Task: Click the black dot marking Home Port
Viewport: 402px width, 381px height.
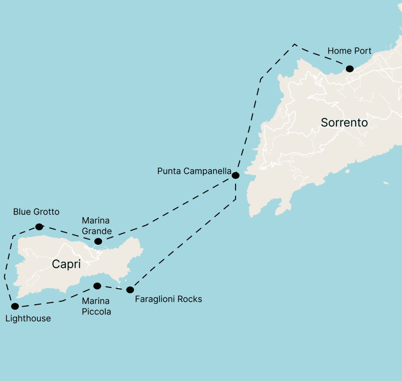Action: point(349,69)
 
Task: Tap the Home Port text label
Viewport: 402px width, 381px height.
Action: point(349,51)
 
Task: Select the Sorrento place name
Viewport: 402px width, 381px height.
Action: point(344,123)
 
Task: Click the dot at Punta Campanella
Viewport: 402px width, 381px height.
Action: point(235,175)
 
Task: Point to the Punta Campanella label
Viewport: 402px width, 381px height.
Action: point(194,171)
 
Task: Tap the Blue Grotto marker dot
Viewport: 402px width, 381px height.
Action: point(39,227)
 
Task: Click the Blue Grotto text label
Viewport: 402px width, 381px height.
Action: point(36,212)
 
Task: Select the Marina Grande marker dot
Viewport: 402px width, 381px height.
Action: point(98,241)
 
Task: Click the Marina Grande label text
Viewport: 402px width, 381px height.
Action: point(96,226)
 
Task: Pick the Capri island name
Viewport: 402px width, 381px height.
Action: point(66,264)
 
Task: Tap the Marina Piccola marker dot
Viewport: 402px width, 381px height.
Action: point(97,286)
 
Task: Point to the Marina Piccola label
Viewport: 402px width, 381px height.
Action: point(96,307)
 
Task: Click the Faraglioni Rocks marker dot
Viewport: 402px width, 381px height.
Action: point(130,290)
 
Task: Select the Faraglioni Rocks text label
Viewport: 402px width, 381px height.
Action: point(168,299)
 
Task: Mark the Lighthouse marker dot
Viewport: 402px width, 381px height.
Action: point(15,306)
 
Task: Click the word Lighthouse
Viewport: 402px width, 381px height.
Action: point(28,318)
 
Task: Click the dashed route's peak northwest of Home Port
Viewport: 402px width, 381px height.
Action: point(295,44)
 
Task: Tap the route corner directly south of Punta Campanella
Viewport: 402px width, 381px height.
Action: point(236,199)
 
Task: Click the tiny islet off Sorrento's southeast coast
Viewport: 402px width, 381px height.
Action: point(386,182)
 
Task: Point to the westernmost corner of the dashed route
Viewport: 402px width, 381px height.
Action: point(4,276)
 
